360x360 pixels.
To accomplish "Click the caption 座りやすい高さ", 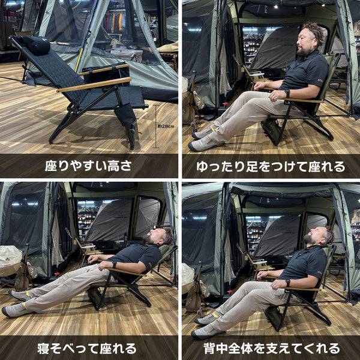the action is (x=88, y=166).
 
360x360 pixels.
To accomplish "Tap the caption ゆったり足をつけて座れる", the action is (x=271, y=167).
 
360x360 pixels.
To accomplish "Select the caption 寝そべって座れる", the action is (x=87, y=349).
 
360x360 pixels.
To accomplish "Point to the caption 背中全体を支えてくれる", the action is (x=272, y=349).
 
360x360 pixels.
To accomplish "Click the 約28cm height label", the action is (x=166, y=126).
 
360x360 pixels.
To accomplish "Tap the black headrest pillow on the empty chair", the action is (x=36, y=44).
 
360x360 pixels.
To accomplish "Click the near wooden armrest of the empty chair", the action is (x=94, y=85).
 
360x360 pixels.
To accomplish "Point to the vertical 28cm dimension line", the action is (x=156, y=126).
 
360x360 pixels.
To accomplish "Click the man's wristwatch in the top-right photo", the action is (x=287, y=94).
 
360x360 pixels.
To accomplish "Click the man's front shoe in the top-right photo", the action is (x=205, y=144).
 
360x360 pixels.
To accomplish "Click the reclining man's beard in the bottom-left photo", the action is (x=148, y=239).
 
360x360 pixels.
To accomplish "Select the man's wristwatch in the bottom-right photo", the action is (x=287, y=283).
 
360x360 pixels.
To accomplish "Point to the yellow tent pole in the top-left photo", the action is (x=79, y=60).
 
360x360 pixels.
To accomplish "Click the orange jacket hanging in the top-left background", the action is (x=121, y=22).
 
